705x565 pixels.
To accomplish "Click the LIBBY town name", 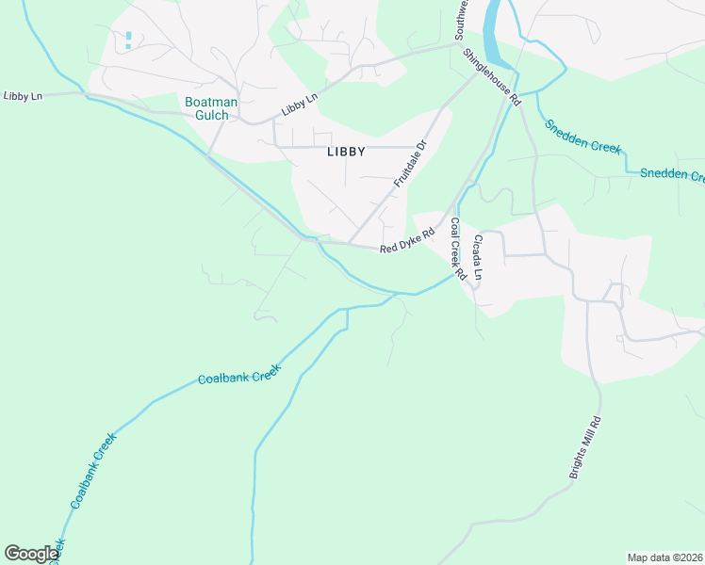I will (346, 151).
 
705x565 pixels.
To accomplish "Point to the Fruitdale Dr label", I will (410, 164).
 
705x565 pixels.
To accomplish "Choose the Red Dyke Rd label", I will (407, 241).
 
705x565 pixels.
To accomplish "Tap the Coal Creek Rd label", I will (458, 250).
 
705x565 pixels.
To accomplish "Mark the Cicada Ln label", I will (479, 258).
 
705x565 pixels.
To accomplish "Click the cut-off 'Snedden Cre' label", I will (672, 174).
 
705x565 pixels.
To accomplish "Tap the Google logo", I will (31, 554).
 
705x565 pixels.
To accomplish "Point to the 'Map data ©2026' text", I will (664, 557).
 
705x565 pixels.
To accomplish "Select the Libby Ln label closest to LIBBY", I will (299, 105).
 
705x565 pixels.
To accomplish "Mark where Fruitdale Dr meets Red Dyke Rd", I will (351, 244).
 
